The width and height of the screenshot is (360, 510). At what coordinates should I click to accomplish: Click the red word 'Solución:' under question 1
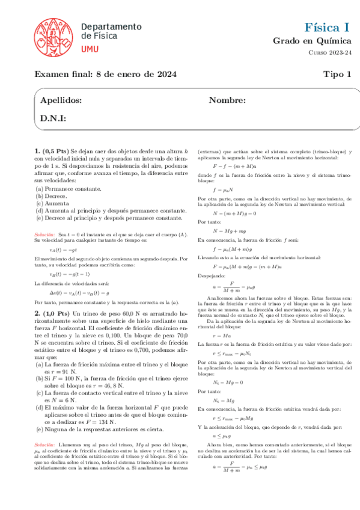(44, 233)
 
